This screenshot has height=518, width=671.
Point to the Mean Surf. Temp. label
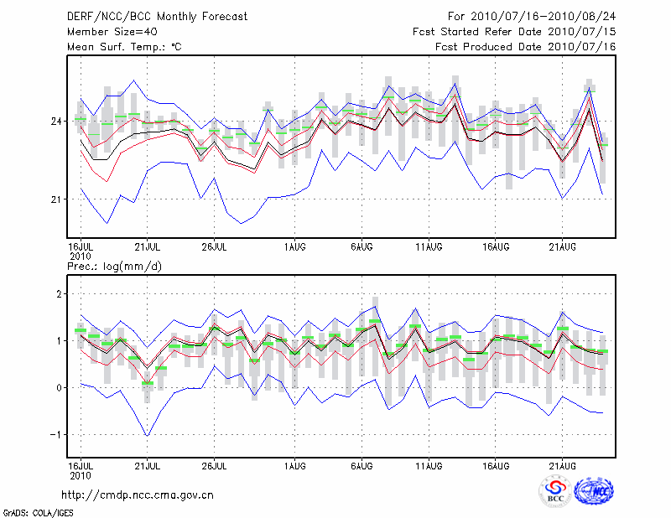(124, 47)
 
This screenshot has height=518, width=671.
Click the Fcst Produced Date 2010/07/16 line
(525, 47)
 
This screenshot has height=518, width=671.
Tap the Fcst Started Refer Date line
(514, 32)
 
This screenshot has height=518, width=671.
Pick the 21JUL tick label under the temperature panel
(148, 247)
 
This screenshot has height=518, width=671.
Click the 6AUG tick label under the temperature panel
(362, 247)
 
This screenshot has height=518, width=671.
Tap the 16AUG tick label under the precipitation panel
(497, 464)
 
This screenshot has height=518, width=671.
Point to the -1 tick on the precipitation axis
(56, 435)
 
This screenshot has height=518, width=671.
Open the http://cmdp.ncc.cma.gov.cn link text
(138, 495)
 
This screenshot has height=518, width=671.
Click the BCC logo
(555, 491)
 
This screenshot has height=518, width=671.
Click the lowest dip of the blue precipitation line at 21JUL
(148, 436)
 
